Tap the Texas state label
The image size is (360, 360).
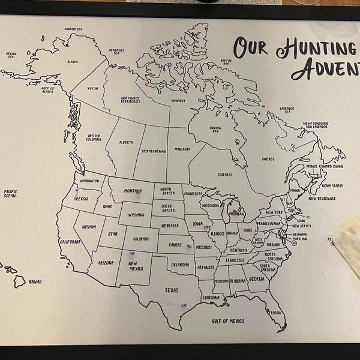pyautogui.click(x=172, y=290)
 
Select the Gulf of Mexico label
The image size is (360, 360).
pyautogui.click(x=228, y=321)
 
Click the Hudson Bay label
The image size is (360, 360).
pyautogui.click(x=215, y=129)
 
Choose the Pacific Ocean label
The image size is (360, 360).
pyautogui.click(x=10, y=194)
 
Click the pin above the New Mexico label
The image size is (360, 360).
pyautogui.click(x=131, y=254)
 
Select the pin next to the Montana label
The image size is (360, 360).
pyautogui.click(x=139, y=193)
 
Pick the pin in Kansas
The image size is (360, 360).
pyautogui.click(x=188, y=246)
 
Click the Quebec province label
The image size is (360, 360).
pyautogui.click(x=268, y=159)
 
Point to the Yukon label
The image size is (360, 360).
pyautogui.click(x=92, y=88)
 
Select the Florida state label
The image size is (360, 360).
pyautogui.click(x=275, y=313)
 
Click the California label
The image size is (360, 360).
pyautogui.click(x=70, y=242)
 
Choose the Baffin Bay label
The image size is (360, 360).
pyautogui.click(x=225, y=62)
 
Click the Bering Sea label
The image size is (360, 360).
pyautogui.click(x=11, y=55)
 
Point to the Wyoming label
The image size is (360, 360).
pyautogui.click(x=136, y=214)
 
